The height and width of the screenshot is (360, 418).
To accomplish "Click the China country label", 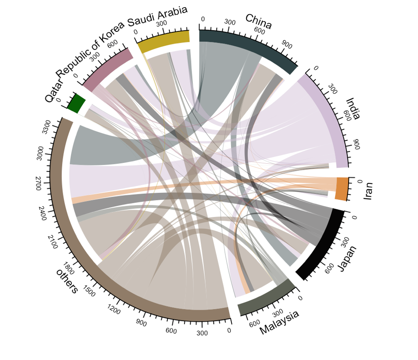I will click(259, 21).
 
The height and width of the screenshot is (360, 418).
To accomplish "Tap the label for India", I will click(353, 109).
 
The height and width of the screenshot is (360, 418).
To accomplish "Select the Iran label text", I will click(368, 191).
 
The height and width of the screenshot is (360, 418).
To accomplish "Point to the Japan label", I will click(347, 259).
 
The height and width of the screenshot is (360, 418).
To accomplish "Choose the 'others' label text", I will click(67, 281).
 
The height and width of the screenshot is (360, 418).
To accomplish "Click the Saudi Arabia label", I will click(157, 16).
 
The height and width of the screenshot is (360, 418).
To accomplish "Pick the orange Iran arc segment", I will click(341, 189).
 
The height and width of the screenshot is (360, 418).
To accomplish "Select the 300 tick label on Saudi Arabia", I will click(163, 24).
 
